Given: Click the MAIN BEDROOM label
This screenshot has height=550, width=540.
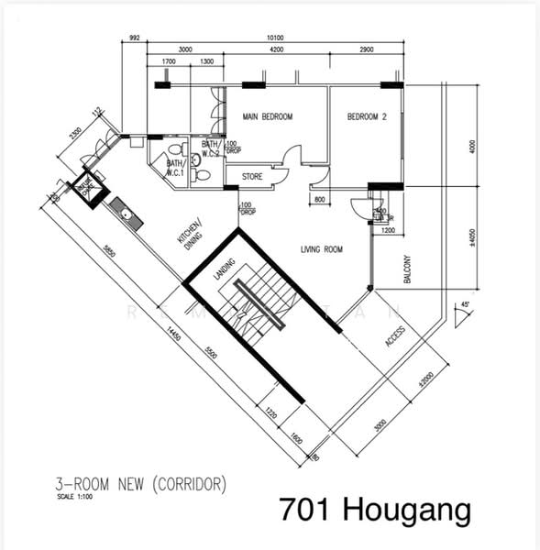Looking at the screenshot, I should (x=267, y=117).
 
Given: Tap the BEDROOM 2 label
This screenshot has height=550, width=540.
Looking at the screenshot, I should (x=367, y=117).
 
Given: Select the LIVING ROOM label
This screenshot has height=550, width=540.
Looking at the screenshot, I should (x=322, y=248).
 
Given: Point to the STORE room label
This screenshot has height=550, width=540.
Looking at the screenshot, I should (x=252, y=176).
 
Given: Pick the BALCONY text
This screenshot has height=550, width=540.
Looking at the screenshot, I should (x=405, y=269).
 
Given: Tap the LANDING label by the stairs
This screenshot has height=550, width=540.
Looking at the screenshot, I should (x=224, y=269).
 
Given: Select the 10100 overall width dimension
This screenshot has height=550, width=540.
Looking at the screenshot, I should (x=275, y=38).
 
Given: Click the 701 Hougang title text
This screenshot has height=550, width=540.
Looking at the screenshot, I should (x=373, y=508).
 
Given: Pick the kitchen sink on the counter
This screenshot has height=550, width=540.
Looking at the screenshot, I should (x=124, y=216).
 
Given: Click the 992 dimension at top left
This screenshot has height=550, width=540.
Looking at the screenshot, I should (x=134, y=38).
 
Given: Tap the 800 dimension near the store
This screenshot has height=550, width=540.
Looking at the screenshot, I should (x=318, y=198).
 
